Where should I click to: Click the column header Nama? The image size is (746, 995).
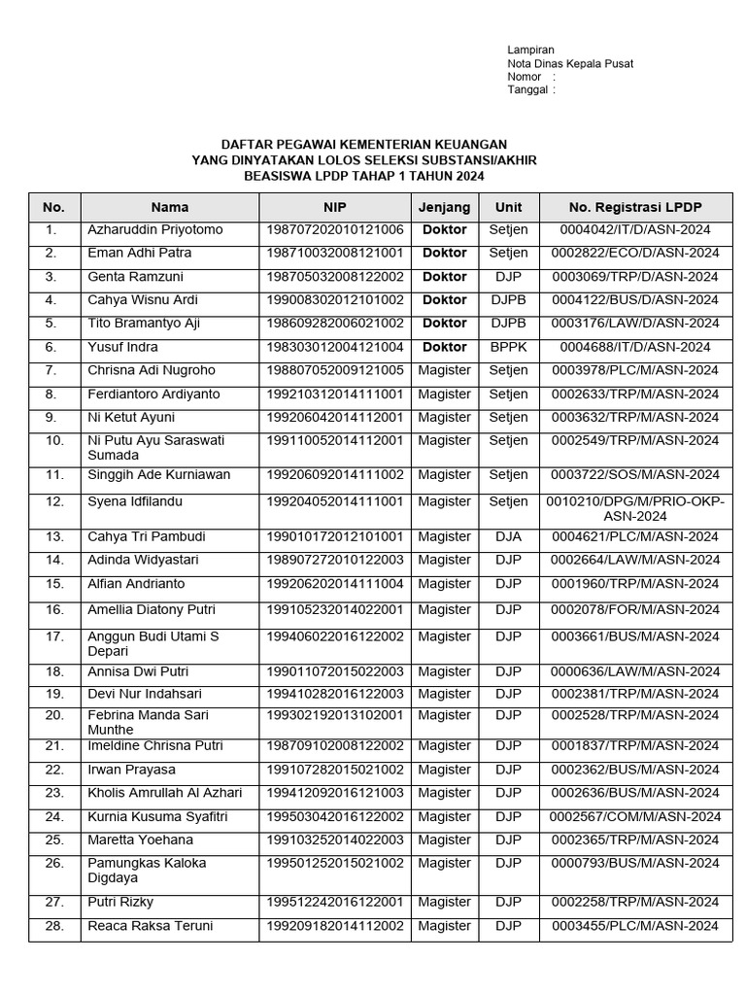[170, 207]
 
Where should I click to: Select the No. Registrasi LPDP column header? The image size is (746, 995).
[635, 207]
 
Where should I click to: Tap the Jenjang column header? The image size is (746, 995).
[445, 207]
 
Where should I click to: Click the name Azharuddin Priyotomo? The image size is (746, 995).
[155, 230]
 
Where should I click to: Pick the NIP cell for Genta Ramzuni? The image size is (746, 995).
[334, 277]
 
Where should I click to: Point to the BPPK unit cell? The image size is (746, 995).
[509, 347]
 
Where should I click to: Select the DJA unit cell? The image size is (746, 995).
[509, 537]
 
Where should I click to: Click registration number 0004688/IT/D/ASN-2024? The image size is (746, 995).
[635, 347]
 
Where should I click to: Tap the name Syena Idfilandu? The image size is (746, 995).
[135, 502]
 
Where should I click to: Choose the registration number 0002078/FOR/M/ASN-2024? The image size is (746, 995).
[635, 610]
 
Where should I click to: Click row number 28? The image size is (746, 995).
[54, 926]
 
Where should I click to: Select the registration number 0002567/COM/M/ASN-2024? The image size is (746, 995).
[635, 817]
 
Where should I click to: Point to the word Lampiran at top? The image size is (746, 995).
[530, 50]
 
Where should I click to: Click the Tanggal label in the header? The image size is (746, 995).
[529, 90]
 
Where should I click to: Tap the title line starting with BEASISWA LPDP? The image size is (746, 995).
[363, 176]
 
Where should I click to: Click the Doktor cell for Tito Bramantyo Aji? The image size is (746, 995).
[445, 324]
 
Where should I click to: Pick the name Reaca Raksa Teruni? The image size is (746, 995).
[150, 926]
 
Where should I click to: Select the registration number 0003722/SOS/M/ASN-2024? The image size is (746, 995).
[635, 475]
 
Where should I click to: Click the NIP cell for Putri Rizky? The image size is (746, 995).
[334, 903]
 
